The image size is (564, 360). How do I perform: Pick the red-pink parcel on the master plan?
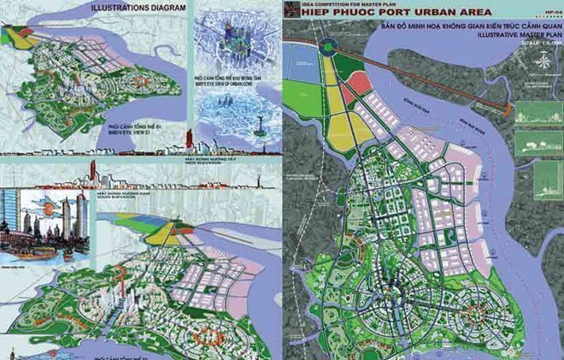[360, 83]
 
